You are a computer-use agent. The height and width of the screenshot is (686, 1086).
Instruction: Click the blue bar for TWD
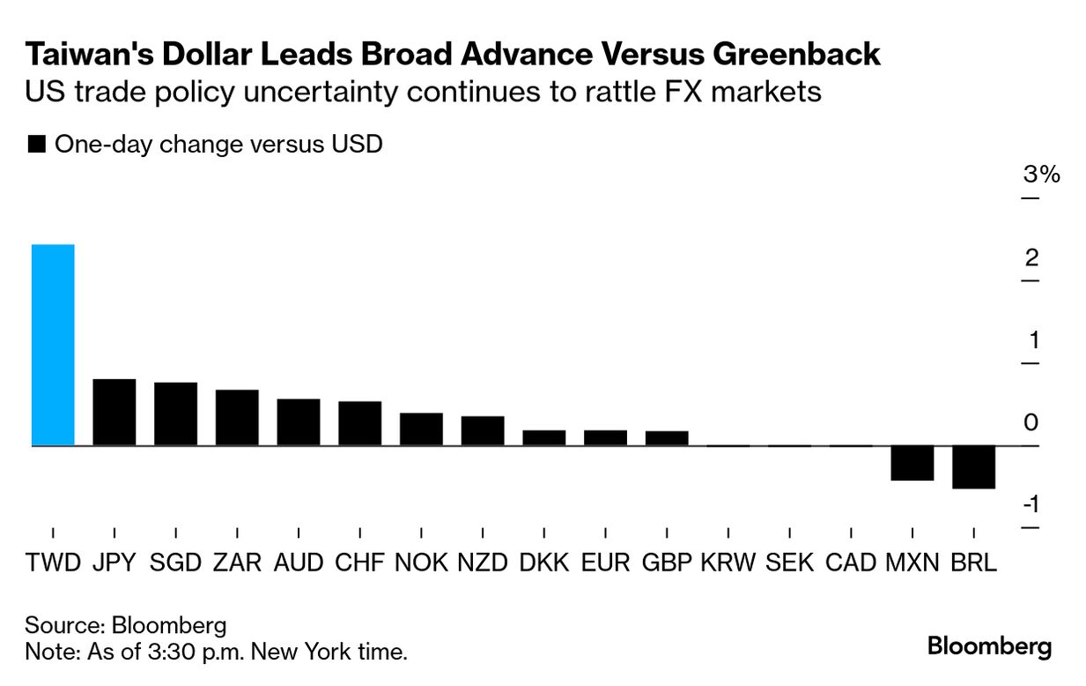click(x=53, y=345)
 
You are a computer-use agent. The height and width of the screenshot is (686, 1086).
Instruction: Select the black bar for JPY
click(x=115, y=412)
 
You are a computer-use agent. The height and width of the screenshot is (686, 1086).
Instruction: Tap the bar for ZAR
click(x=237, y=417)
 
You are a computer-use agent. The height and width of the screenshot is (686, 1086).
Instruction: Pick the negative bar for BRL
click(x=973, y=466)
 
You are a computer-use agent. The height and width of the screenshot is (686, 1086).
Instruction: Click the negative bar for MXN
click(x=912, y=463)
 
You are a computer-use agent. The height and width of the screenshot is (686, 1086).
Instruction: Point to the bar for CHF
click(x=359, y=423)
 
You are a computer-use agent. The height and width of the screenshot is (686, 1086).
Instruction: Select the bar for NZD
click(x=483, y=430)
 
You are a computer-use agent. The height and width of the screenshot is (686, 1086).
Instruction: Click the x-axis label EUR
click(x=605, y=562)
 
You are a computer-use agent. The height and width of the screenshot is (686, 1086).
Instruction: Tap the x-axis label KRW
click(x=728, y=562)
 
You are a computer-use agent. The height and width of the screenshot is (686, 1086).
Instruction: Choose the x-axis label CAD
click(x=851, y=562)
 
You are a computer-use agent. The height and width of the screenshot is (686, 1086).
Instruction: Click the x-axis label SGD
click(x=175, y=562)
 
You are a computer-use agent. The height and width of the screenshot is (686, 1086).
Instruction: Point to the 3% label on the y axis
click(x=1041, y=175)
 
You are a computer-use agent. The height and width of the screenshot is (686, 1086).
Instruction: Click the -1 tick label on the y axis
click(x=1031, y=504)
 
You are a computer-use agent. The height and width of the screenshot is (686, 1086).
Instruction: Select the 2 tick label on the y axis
click(x=1031, y=257)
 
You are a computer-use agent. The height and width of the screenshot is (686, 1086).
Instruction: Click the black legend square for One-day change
click(x=37, y=145)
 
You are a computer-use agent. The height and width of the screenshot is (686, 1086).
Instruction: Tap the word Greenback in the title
click(x=795, y=54)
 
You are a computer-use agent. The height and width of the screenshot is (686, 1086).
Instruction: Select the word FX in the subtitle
click(x=671, y=92)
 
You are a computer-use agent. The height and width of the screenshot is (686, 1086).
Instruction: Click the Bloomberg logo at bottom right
click(x=989, y=646)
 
